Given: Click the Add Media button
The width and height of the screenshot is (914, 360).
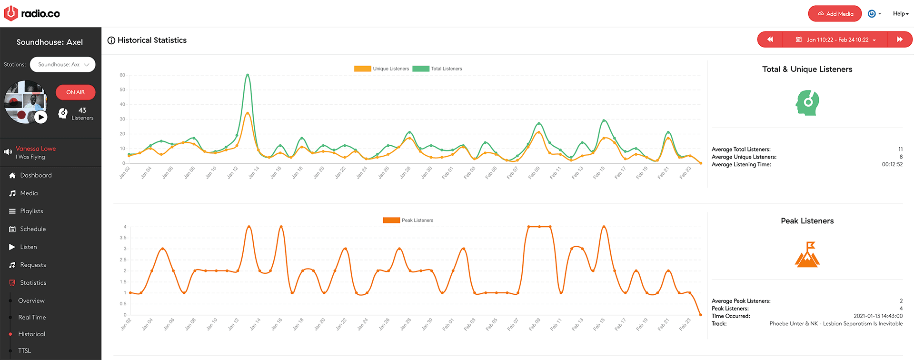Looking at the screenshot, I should pos(835,14).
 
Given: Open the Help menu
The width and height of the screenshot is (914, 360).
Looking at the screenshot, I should pos(900,14).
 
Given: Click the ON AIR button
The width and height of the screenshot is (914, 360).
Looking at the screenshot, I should pos(75,92).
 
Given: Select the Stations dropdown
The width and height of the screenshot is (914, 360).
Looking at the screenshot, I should pos(63,65).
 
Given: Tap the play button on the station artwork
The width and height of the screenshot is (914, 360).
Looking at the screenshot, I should pos(41,117).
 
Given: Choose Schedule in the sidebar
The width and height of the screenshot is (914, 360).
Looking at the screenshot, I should pos(33,229).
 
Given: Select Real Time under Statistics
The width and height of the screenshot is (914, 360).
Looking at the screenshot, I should pos(32,317).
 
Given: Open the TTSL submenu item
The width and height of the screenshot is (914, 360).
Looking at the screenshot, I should pos(25,350).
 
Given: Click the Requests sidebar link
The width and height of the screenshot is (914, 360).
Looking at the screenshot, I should pos(33,265).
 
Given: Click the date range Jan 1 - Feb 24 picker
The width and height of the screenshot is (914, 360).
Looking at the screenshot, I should pos(835,40).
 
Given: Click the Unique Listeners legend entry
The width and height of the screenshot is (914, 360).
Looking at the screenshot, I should pos(382,69).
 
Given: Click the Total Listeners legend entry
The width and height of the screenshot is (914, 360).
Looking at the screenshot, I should pos(437,69).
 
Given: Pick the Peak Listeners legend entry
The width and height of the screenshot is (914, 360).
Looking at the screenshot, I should pos(408,220).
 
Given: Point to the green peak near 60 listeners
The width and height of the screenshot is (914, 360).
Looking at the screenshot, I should pos(248,75).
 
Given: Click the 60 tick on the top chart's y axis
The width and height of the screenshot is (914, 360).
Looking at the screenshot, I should pos(122,75).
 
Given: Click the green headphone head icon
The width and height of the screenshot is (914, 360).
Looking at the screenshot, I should pos(807,102).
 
